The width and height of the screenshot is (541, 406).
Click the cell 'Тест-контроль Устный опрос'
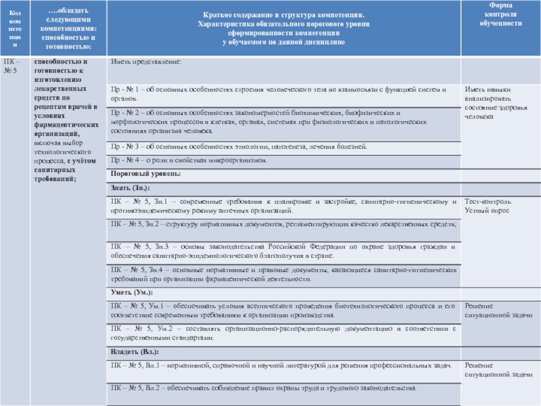[487, 206]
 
